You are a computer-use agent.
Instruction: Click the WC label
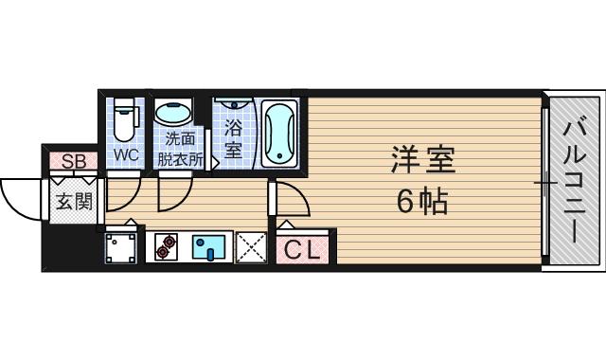pyautogui.click(x=126, y=153)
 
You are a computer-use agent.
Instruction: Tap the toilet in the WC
pyautogui.click(x=124, y=120)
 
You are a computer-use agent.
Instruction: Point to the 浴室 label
pyautogui.click(x=233, y=138)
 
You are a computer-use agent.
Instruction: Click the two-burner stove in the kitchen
pyautogui.click(x=168, y=246)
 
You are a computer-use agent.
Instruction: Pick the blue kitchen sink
pyautogui.click(x=211, y=246)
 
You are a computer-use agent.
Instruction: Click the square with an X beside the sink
pyautogui.click(x=251, y=246)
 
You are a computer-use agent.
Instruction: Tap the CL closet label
pyautogui.click(x=304, y=250)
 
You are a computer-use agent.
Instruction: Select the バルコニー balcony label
pyautogui.click(x=575, y=180)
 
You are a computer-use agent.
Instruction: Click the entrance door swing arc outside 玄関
pyautogui.click(x=21, y=199)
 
